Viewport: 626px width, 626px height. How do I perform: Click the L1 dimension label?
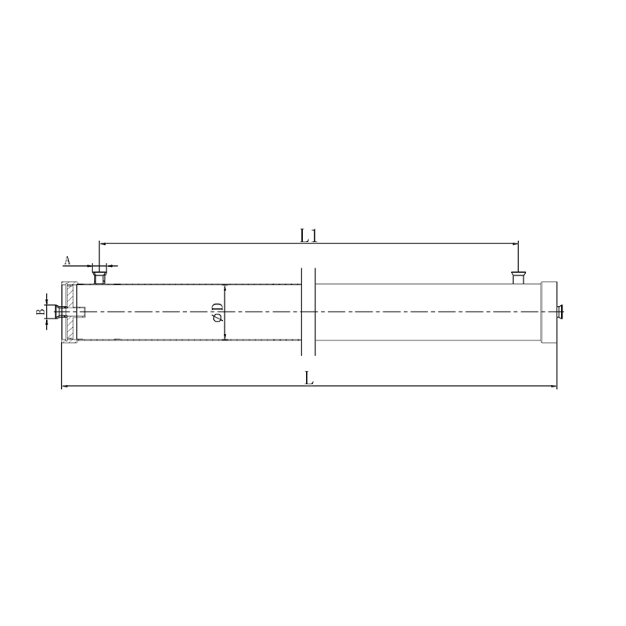(x=309, y=234)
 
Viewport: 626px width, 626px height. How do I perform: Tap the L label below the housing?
(x=309, y=378)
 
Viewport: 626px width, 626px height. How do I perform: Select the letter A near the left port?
(x=67, y=259)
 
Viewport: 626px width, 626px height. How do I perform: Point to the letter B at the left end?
(x=41, y=312)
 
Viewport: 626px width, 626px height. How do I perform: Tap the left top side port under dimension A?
(x=99, y=275)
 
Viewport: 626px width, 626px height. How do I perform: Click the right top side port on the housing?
(x=517, y=278)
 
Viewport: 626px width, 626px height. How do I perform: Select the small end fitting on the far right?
(x=559, y=312)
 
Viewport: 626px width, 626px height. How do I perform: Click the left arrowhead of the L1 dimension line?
(x=102, y=243)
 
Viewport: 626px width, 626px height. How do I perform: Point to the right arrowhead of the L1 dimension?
(x=515, y=243)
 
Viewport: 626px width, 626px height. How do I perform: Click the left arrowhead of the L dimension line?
(x=64, y=387)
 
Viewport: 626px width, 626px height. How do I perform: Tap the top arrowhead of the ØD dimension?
(x=225, y=287)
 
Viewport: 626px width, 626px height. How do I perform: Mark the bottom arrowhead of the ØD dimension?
(x=225, y=337)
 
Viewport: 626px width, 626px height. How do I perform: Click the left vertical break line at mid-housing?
(x=302, y=312)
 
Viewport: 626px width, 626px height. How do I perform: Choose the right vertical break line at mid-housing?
(x=315, y=312)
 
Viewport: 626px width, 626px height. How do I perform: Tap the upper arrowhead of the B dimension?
(x=46, y=302)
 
